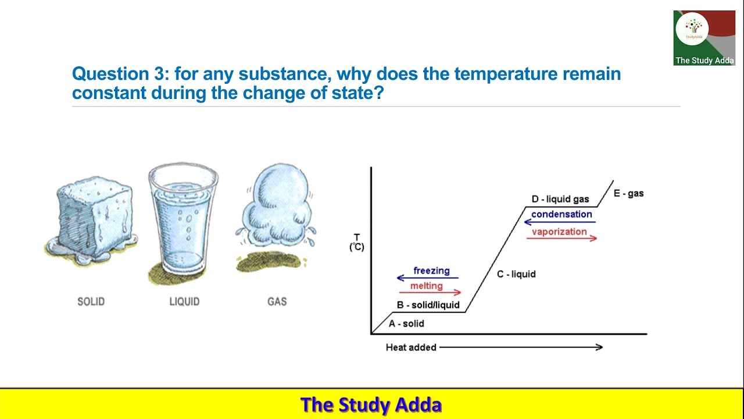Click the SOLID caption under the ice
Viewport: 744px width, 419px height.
pyautogui.click(x=91, y=301)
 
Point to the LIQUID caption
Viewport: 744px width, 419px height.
pyautogui.click(x=184, y=301)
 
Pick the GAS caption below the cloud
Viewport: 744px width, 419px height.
pyautogui.click(x=277, y=301)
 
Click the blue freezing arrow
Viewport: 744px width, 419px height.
pyautogui.click(x=428, y=278)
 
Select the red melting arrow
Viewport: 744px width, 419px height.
pyautogui.click(x=430, y=293)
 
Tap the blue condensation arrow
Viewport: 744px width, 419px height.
pyautogui.click(x=560, y=222)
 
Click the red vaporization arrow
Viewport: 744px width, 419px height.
pyautogui.click(x=561, y=238)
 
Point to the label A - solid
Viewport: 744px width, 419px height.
pyautogui.click(x=406, y=324)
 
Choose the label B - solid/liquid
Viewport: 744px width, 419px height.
pyautogui.click(x=428, y=305)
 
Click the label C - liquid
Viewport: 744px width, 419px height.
pyautogui.click(x=516, y=274)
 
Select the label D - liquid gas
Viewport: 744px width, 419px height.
pyautogui.click(x=560, y=200)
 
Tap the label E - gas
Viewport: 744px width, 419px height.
pyautogui.click(x=628, y=193)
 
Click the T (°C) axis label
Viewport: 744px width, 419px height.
pyautogui.click(x=356, y=242)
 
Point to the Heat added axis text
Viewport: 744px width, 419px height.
pyautogui.click(x=411, y=347)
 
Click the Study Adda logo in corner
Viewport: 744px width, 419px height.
pyautogui.click(x=704, y=37)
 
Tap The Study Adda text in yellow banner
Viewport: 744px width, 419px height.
pyautogui.click(x=371, y=404)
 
